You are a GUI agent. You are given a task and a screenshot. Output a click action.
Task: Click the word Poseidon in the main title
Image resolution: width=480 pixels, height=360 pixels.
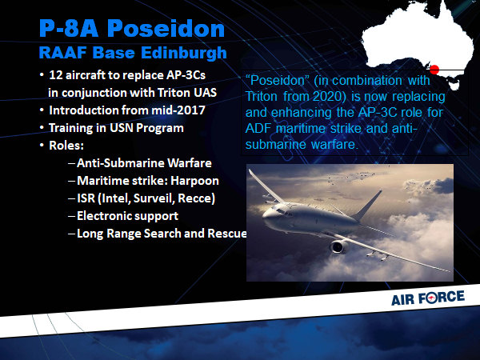tap(166, 29)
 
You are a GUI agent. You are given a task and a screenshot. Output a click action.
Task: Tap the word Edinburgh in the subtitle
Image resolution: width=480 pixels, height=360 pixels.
tap(184, 53)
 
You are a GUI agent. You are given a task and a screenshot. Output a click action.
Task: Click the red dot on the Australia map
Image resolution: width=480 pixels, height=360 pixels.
tap(434, 70)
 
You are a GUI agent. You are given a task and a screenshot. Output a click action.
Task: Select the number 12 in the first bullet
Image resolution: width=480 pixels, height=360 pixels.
tap(56, 75)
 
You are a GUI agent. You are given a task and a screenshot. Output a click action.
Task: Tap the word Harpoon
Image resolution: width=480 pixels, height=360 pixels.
tap(194, 181)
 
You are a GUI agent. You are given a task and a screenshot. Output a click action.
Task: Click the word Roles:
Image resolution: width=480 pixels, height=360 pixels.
tap(66, 146)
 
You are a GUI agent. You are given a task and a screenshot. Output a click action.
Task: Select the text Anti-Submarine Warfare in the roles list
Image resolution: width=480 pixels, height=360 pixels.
tap(144, 163)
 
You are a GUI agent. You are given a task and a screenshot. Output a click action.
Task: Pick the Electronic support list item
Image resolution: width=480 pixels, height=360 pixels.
tap(127, 216)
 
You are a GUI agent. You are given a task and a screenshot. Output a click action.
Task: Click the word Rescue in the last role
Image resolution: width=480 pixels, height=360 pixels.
tap(227, 234)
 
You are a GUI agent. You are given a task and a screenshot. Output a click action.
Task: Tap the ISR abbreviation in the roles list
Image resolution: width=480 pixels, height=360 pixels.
tap(86, 198)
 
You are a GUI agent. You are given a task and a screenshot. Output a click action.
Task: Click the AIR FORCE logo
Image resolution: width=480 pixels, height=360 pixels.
tap(428, 298)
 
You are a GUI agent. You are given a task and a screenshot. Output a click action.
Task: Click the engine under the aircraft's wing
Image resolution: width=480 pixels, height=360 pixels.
tap(339, 246)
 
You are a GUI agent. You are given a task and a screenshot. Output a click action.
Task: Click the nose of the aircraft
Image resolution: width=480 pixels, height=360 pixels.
tap(266, 215)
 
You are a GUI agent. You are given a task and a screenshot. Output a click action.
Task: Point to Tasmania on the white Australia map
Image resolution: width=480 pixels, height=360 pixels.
tap(454, 86)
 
